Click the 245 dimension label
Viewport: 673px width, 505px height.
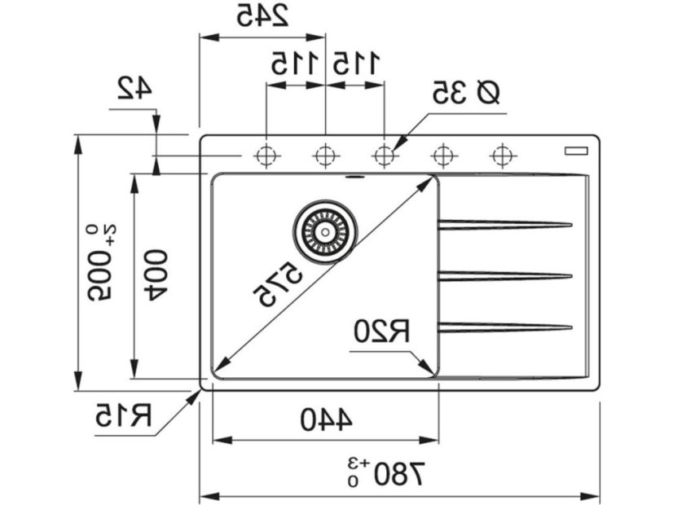tap(263, 17)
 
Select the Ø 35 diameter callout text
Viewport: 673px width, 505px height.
tap(465, 94)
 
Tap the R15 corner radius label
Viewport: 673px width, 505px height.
tap(124, 415)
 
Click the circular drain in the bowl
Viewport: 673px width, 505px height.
tap(325, 231)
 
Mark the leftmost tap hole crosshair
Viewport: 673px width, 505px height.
tap(266, 154)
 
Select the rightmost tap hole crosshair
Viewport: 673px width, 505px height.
tap(504, 154)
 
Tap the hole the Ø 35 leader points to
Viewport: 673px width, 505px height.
tap(385, 154)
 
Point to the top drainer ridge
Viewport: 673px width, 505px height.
tap(505, 225)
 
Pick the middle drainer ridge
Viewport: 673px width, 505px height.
tap(505, 276)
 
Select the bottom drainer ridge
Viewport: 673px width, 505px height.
tap(505, 327)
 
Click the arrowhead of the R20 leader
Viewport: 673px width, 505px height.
tap(429, 371)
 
